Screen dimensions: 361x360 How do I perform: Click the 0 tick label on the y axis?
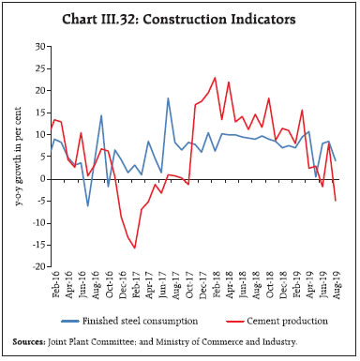click(40, 178)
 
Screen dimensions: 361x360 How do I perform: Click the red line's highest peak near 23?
click(216, 78)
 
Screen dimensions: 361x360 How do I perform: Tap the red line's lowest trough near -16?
click(135, 248)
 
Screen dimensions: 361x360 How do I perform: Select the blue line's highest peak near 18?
click(168, 98)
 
